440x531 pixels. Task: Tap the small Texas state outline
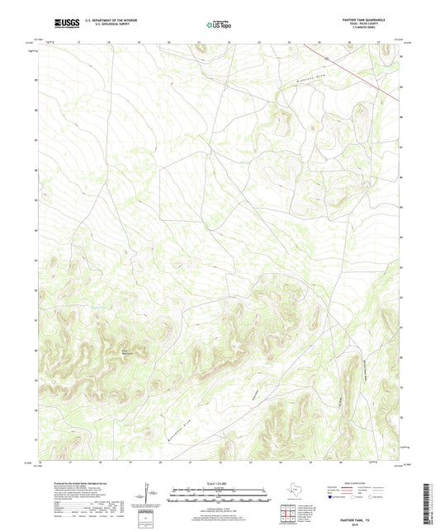tap(295, 494)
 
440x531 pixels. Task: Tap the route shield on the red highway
tap(326, 58)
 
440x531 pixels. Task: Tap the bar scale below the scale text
tap(220, 495)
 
